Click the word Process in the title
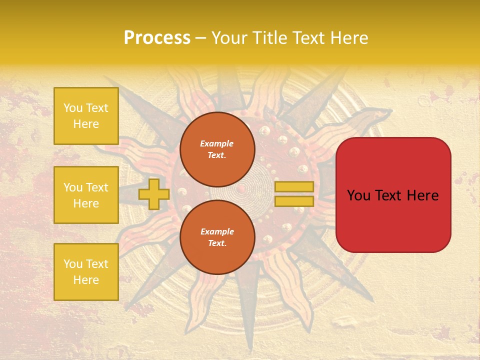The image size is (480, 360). [x=157, y=38]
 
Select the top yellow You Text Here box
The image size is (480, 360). [x=86, y=116]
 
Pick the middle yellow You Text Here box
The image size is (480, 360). [x=86, y=195]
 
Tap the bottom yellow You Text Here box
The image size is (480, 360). [x=86, y=272]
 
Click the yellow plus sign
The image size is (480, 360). [x=153, y=194]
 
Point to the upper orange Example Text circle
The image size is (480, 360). [x=217, y=149]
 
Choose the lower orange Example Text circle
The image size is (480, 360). [x=217, y=237]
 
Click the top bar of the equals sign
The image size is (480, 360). [x=294, y=186]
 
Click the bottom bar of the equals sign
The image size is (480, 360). [x=294, y=201]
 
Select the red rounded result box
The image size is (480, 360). [x=393, y=195]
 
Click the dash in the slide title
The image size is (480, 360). [x=200, y=38]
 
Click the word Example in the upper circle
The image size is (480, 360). [x=217, y=143]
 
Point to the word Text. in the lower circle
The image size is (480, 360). [x=217, y=243]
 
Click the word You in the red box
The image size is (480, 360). [x=358, y=195]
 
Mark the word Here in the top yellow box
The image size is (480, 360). [x=86, y=124]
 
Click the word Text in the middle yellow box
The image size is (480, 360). [x=96, y=187]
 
